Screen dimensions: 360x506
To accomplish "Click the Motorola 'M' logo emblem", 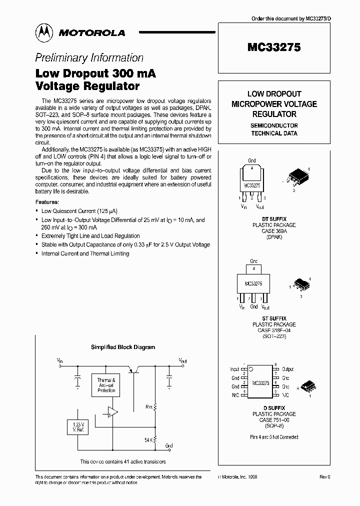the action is [43, 32].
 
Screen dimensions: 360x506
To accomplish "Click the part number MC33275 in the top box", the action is [273, 48].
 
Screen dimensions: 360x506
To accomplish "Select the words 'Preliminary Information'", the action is [89, 57].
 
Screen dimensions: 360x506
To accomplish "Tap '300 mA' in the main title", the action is [134, 73].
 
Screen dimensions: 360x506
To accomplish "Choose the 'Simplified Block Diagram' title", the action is [122, 347].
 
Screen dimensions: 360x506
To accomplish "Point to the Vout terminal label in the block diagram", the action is [183, 360].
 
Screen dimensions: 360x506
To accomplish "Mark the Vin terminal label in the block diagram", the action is [59, 360].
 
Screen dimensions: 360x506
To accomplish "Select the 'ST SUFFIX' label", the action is [274, 318].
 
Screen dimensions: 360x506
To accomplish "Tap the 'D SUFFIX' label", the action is [274, 408].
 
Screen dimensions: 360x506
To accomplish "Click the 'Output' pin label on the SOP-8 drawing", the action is [288, 369].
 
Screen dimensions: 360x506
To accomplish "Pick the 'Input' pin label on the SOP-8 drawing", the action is [233, 369].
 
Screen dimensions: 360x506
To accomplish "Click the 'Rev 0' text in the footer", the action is [325, 477].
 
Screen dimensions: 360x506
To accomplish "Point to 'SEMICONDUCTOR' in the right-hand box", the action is [274, 125].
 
